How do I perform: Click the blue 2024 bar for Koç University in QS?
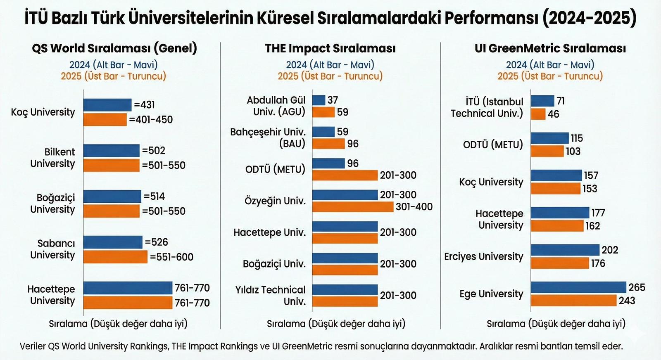tap(107, 105)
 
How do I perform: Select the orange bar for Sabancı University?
tap(115, 257)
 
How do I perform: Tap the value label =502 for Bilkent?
tap(154, 151)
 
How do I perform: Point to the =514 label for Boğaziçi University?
tap(155, 197)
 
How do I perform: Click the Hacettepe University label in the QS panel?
tap(51, 295)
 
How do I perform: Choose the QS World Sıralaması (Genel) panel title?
tap(114, 48)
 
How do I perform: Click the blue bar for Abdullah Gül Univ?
tap(319, 100)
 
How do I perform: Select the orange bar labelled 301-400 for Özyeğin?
tap(353, 206)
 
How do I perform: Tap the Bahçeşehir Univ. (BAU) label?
tap(268, 138)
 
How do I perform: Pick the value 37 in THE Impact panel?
tap(333, 100)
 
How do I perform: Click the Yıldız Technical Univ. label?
tap(271, 296)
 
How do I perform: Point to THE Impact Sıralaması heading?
tap(330, 48)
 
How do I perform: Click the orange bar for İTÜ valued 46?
tap(538, 114)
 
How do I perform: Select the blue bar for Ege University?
tap(578, 287)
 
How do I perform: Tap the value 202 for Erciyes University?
tap(610, 250)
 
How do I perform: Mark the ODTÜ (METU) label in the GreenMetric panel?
tap(493, 144)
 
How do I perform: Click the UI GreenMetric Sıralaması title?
tap(550, 48)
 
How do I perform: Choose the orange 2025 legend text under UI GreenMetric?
tap(550, 76)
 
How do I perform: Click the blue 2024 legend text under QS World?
tap(113, 64)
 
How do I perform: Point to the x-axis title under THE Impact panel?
tap(336, 324)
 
